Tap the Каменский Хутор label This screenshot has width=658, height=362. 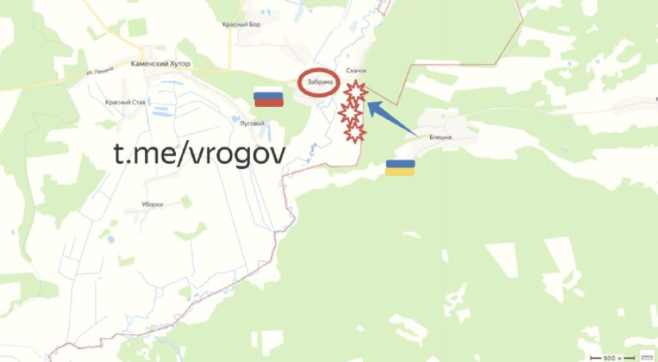pos(160,64)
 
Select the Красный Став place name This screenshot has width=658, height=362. pos(125,103)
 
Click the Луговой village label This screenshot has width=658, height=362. pos(251,123)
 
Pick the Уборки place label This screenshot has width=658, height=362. pos(152,204)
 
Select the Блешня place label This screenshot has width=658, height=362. pos(440,137)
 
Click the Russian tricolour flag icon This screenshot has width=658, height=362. pos(268,98)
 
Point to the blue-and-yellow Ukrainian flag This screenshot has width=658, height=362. pos(400,168)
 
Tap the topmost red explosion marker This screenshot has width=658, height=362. pos(355,93)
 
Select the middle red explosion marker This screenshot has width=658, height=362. pos(350,113)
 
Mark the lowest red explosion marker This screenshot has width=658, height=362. pos(355,132)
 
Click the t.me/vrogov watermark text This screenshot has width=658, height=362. pos(199,153)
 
